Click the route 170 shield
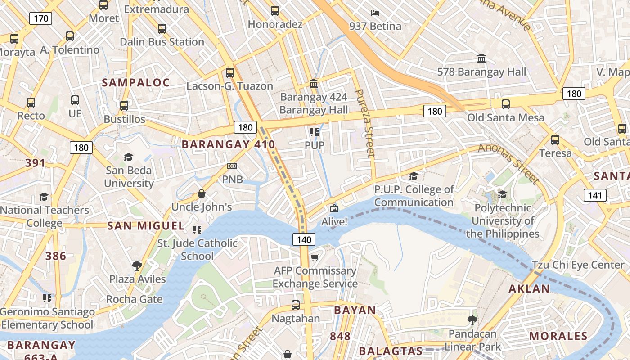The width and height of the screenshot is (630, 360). pos(41,18)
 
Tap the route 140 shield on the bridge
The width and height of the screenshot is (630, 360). pos(304,239)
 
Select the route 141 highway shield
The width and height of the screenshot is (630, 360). pos(595,195)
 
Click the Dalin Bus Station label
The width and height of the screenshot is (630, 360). pos(162,42)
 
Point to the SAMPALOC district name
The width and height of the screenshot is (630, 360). pos(136,82)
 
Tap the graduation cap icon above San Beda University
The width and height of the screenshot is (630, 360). pos(129,157)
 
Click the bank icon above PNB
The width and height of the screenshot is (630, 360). pos(232,166)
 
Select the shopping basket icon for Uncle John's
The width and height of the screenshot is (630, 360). pos(202,194)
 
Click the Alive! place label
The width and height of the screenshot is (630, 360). pos(334,222)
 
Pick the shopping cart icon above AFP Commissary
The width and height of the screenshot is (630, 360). pos(315,257)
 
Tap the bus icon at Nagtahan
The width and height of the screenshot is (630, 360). pos(296,305)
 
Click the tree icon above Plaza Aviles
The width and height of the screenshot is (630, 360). pos(137,266)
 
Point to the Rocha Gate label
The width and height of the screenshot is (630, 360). pos(135,299)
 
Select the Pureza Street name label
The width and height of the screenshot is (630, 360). pos(365,123)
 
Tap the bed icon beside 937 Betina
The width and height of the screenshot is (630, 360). pos(375,13)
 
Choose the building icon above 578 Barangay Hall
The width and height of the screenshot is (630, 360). pos(482,58)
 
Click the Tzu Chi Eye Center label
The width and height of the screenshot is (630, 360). pos(578,265)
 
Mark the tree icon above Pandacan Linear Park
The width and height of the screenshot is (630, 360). pos(472,320)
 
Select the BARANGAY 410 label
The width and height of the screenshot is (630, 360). pos(228,144)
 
